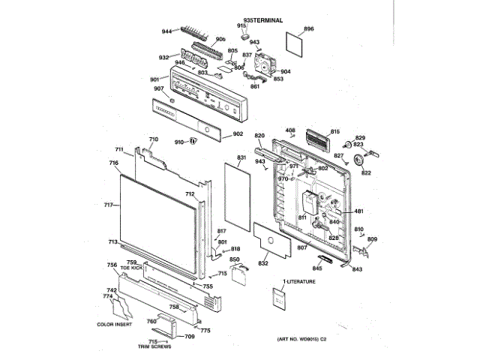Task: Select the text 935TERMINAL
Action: tap(263, 17)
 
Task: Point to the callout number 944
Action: tap(167, 31)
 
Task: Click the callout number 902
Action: tap(238, 133)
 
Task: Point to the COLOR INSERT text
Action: tap(116, 324)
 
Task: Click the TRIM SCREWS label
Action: tap(154, 346)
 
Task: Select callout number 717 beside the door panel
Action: tap(108, 205)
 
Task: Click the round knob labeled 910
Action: tap(193, 140)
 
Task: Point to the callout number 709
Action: tap(189, 337)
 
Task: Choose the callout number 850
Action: tap(235, 259)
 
